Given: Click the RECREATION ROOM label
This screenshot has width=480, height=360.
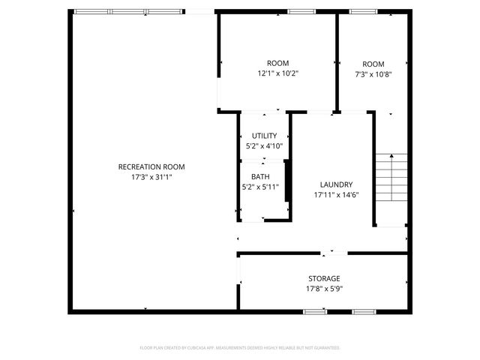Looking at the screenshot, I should pos(151,166).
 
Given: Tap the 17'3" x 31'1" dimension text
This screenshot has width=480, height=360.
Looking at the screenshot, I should pos(151,177).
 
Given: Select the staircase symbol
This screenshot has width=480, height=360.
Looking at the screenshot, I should pos(391,178).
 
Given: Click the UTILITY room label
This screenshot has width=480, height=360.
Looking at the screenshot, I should pos(264,136).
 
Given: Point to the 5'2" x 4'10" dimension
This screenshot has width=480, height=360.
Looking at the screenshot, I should pos(264,146).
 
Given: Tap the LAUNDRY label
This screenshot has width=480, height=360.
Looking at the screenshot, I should pos(336,184).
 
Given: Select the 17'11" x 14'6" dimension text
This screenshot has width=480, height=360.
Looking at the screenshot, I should pos(336,195).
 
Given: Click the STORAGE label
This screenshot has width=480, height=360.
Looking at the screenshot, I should pos(324,278).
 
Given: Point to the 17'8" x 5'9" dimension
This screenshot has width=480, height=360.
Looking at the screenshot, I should pos(324,289).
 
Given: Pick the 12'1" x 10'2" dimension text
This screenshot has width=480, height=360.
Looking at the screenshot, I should pos(277,74).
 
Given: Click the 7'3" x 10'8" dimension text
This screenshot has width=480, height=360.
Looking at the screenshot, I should pos(373,74).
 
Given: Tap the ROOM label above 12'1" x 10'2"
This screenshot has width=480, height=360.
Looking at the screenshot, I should pos(277,64).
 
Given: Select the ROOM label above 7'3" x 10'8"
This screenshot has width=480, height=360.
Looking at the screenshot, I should pos(373,64).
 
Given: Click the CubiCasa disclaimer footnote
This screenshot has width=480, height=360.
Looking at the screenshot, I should pos(240,348).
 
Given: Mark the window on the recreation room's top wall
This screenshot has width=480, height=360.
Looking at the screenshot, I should pos(127,11).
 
